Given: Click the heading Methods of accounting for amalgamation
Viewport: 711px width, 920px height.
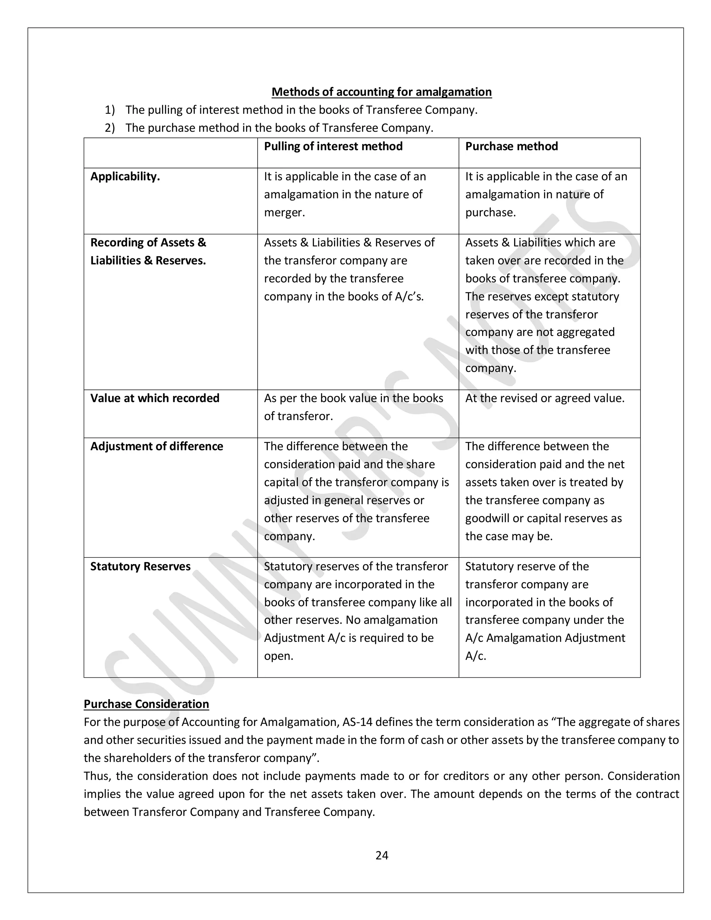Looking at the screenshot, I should [x=381, y=92].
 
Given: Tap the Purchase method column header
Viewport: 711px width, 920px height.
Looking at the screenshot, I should [x=511, y=146].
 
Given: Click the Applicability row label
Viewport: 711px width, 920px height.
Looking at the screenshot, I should [x=125, y=176].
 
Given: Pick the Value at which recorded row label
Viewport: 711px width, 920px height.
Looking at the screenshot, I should [x=154, y=398].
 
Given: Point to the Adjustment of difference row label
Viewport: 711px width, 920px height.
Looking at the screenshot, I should [x=156, y=446].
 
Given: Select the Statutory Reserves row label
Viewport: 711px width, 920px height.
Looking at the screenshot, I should [x=140, y=566].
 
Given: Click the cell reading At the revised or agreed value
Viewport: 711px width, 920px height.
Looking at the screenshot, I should [x=545, y=398].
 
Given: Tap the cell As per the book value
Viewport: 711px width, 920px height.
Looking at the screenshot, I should [x=353, y=407].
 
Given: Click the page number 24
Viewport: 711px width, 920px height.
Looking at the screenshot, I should [x=382, y=855].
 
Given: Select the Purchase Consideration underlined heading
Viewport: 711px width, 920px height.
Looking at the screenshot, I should [x=146, y=704].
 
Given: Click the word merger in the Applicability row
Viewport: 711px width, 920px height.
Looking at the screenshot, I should [x=284, y=212].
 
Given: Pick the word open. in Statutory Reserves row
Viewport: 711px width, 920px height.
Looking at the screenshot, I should [x=278, y=656].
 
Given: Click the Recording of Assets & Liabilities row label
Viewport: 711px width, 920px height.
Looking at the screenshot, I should [x=148, y=251].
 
